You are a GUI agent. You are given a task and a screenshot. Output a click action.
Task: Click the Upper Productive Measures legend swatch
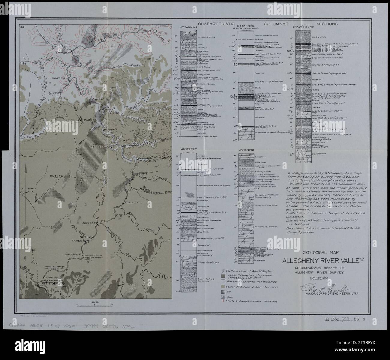pyautogui.click(x=223, y=276)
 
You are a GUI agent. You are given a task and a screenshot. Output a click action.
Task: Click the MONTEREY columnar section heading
pyautogui.click(x=188, y=149)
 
